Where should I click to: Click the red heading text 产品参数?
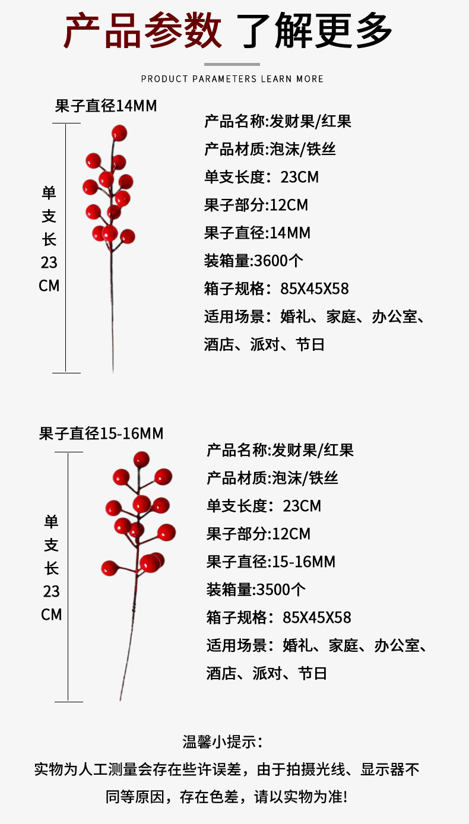(142, 30)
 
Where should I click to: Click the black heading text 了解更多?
(315, 30)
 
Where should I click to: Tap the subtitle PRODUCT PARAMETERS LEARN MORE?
(232, 79)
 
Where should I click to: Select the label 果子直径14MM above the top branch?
(106, 106)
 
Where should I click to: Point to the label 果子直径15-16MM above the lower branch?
(101, 434)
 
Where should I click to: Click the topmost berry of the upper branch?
(119, 132)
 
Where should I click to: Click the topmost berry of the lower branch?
(141, 459)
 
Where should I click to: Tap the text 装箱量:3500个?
(256, 590)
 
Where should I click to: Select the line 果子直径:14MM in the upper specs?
(257, 233)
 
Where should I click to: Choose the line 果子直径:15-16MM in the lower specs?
(271, 562)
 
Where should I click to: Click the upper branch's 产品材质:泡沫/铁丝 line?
(270, 149)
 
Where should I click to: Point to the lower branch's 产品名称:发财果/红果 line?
(280, 451)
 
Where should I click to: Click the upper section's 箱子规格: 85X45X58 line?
(277, 289)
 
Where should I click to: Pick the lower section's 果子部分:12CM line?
(258, 534)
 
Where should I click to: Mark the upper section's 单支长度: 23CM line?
(262, 177)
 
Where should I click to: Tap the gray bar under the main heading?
(232, 64)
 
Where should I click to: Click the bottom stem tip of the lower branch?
(121, 698)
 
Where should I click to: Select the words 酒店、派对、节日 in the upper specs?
(265, 344)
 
